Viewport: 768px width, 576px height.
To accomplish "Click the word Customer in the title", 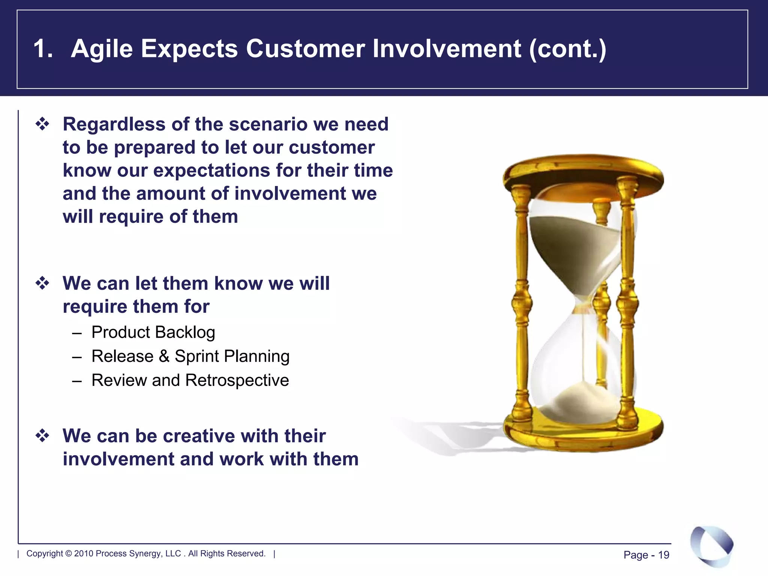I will [305, 49].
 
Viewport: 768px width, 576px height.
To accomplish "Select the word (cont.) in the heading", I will [567, 49].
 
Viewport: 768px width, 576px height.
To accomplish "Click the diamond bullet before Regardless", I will [42, 124].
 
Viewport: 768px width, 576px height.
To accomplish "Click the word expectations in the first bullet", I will [212, 171].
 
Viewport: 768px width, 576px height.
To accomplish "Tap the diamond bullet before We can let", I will [42, 283].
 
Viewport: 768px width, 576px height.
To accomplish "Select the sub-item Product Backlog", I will [153, 332].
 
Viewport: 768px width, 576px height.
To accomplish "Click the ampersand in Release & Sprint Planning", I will [164, 356].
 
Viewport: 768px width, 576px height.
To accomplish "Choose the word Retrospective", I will [237, 380].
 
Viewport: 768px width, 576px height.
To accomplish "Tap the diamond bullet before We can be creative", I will [42, 436].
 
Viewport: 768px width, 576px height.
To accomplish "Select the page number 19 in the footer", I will [663, 555].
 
